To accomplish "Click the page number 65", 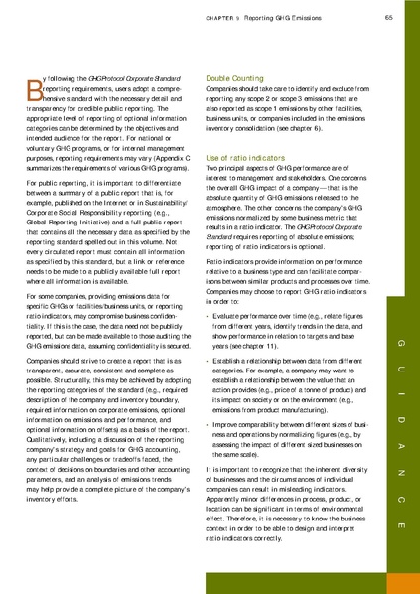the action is point(390,16).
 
